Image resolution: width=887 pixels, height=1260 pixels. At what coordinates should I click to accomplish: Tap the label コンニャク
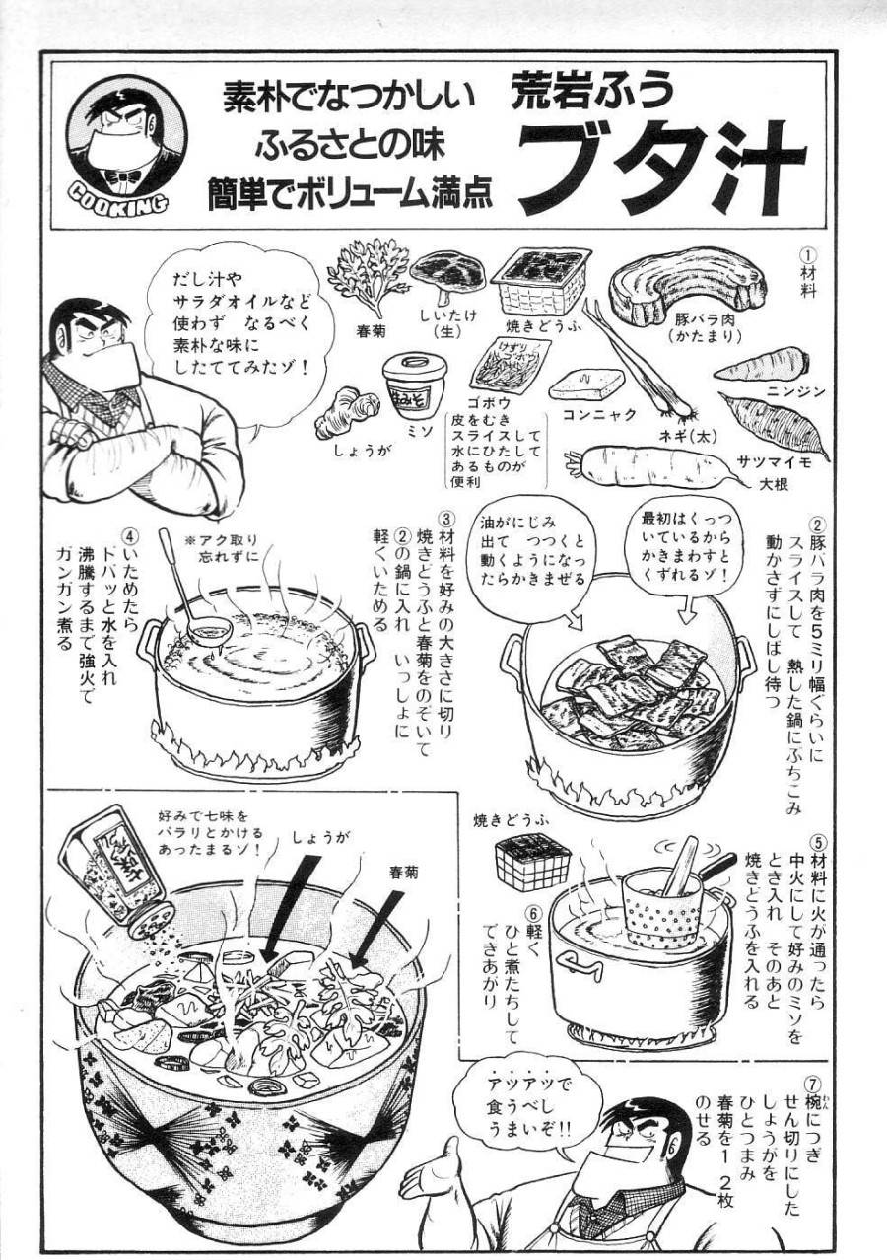599,415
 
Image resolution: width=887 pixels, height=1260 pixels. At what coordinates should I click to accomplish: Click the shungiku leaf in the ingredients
368,274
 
